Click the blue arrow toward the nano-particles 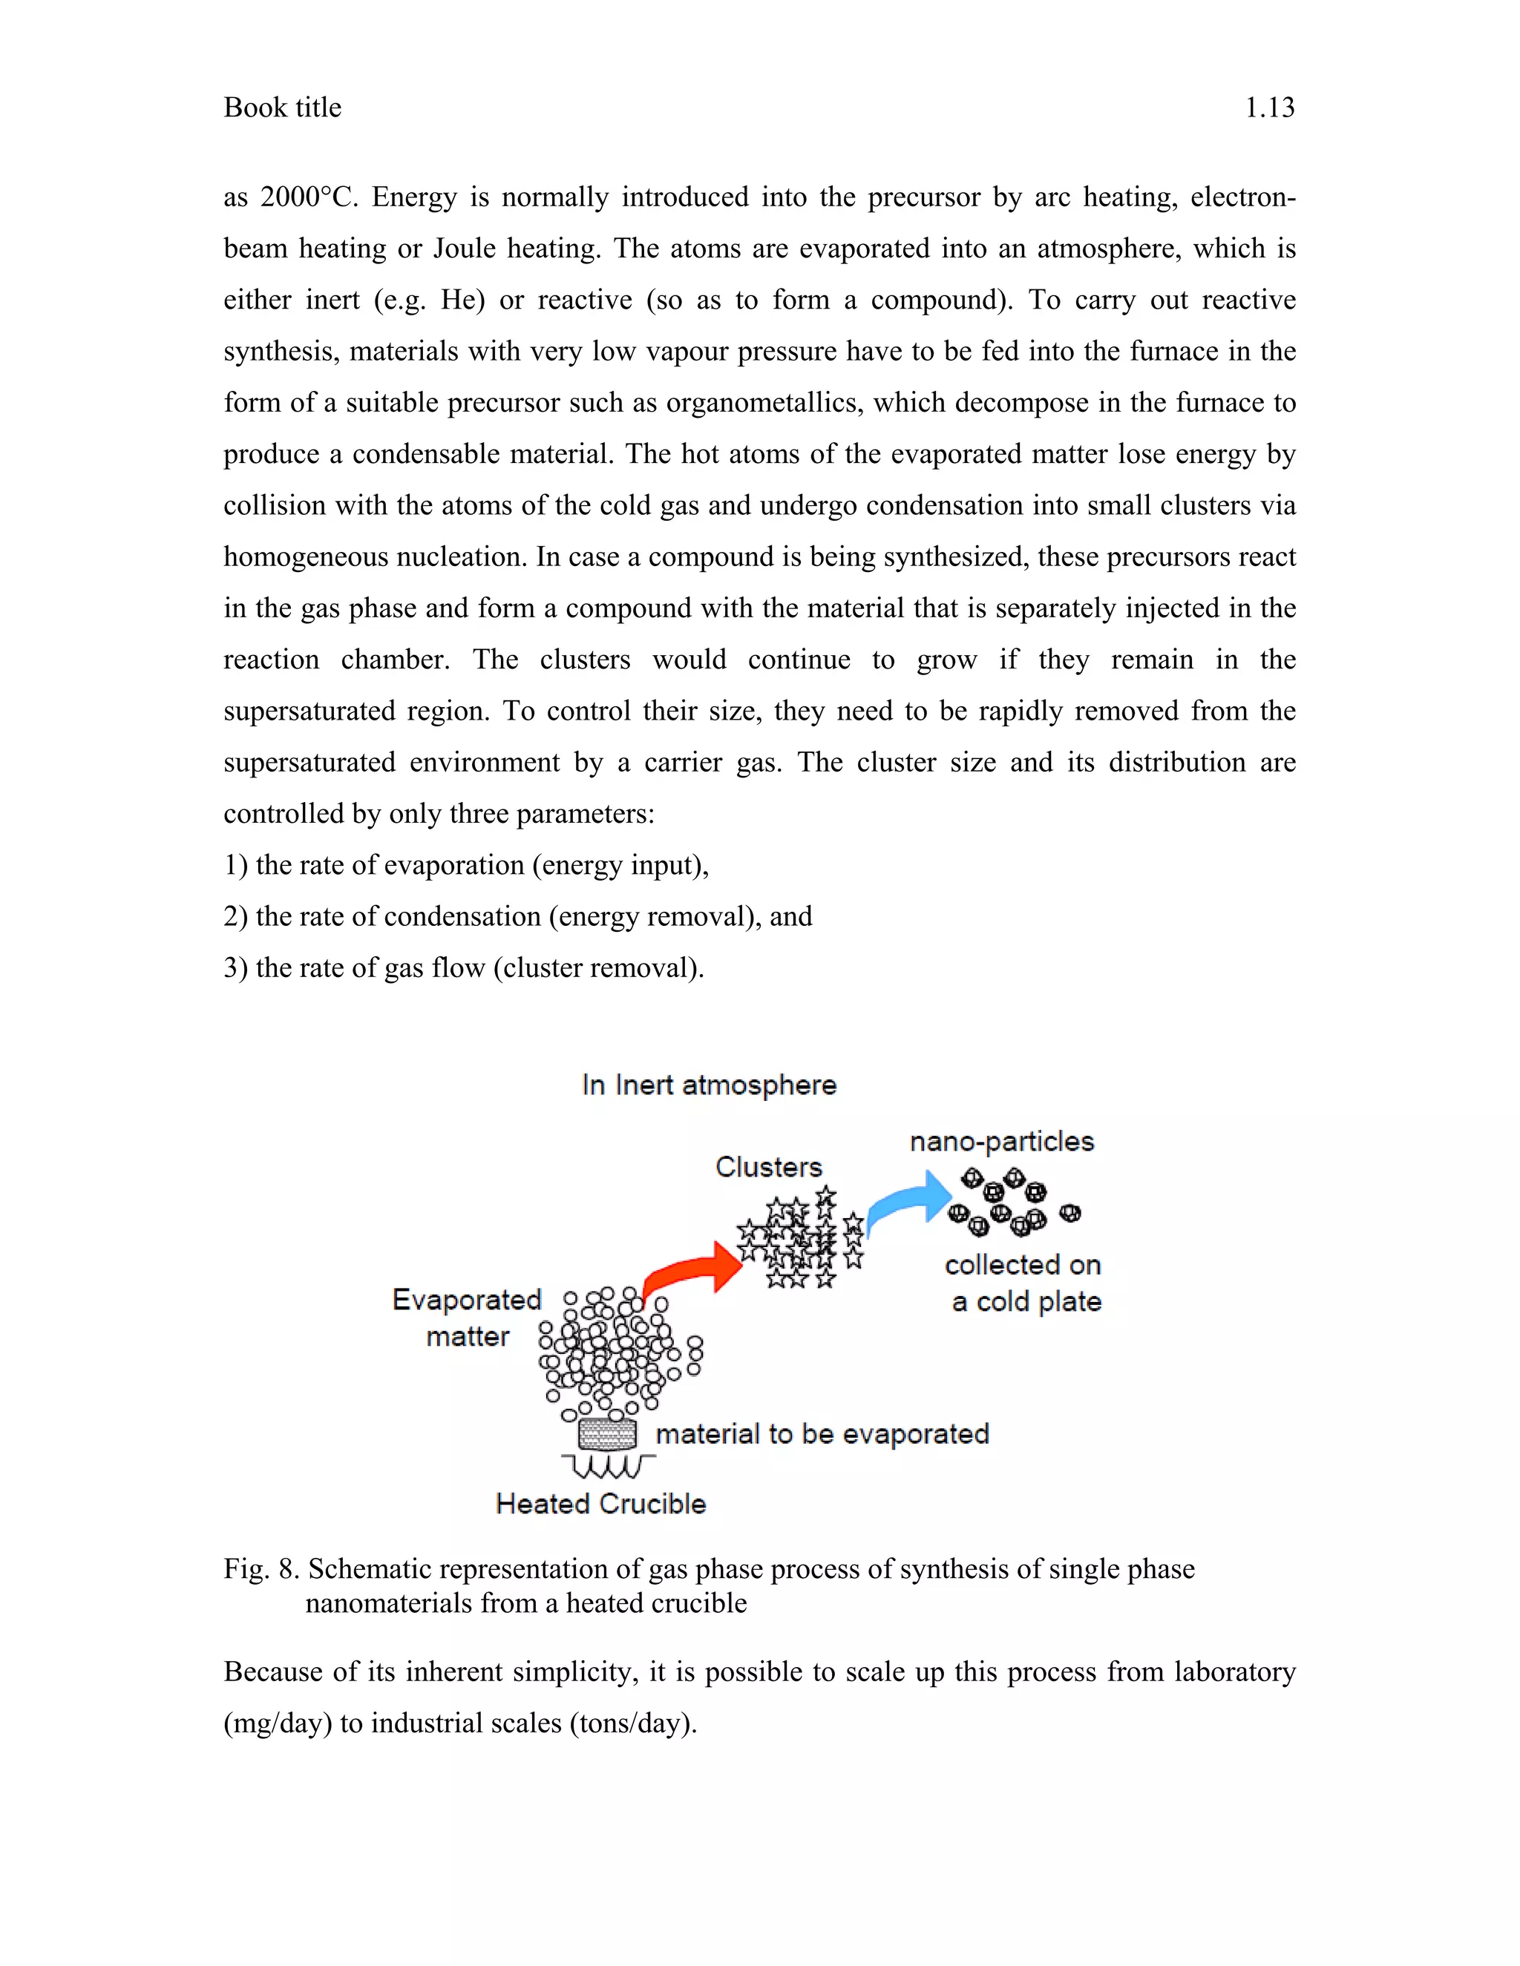[x=909, y=1202]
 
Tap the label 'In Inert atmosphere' [x=709, y=1085]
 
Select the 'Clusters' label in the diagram [x=768, y=1167]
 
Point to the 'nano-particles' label [x=1001, y=1142]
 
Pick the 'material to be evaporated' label [x=822, y=1434]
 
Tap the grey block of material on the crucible [x=607, y=1433]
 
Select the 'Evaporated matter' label [x=466, y=1318]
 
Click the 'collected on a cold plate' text [x=1023, y=1283]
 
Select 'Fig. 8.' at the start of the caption [x=261, y=1569]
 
